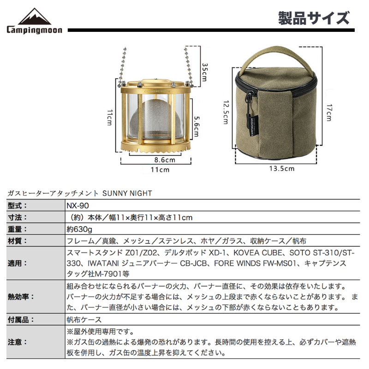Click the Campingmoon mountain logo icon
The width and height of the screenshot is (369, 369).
[x=35, y=17]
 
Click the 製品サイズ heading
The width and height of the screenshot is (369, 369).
[x=314, y=18]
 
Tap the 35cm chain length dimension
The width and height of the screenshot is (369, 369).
[x=205, y=72]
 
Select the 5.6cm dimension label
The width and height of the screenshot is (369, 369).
[x=196, y=126]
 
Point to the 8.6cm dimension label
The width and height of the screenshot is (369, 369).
[x=165, y=160]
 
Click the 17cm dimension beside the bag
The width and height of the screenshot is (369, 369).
[x=329, y=113]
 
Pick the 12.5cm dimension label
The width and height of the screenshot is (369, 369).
[x=226, y=112]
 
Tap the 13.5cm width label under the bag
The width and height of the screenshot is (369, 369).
[x=282, y=168]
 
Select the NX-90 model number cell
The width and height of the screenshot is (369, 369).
[x=77, y=206]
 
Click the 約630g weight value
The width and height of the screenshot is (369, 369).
[x=79, y=229]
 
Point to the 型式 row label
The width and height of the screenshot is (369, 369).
[x=18, y=206]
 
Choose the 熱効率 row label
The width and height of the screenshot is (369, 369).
[x=21, y=297]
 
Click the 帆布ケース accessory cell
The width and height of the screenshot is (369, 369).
[x=84, y=320]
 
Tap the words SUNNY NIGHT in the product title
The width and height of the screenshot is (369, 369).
[x=127, y=193]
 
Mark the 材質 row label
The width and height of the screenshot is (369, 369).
[x=18, y=241]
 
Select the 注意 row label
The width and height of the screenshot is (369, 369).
[x=18, y=342]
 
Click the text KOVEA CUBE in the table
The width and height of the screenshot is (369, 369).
[x=258, y=253]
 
